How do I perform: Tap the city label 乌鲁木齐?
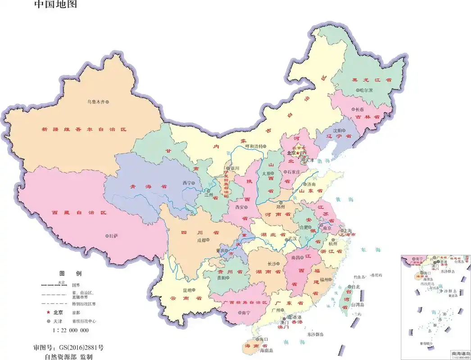pos(95,102)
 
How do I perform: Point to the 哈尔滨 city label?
pos(367,90)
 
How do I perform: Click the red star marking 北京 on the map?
pos(298,153)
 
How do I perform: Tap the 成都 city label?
pos(200,240)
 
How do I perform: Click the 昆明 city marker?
pos(194,290)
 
